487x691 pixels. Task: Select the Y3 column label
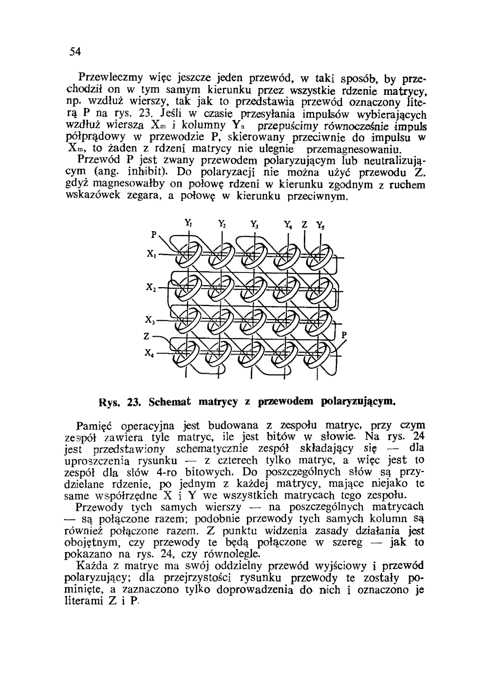(x=254, y=225)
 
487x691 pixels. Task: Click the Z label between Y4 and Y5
(x=304, y=225)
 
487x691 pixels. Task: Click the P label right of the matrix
(x=344, y=335)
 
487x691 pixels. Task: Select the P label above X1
(x=153, y=234)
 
